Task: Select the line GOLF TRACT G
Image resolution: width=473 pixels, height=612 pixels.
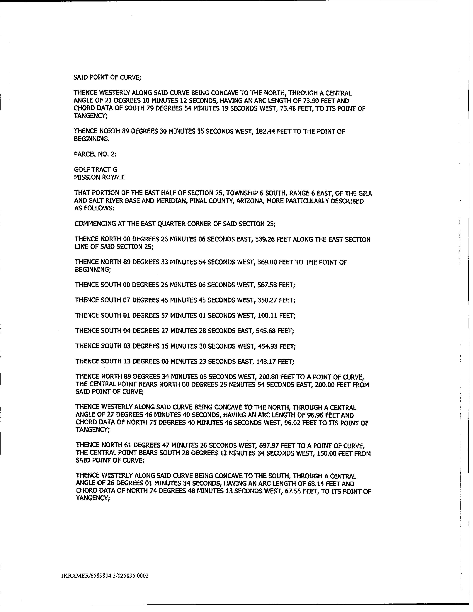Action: (x=96, y=169)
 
